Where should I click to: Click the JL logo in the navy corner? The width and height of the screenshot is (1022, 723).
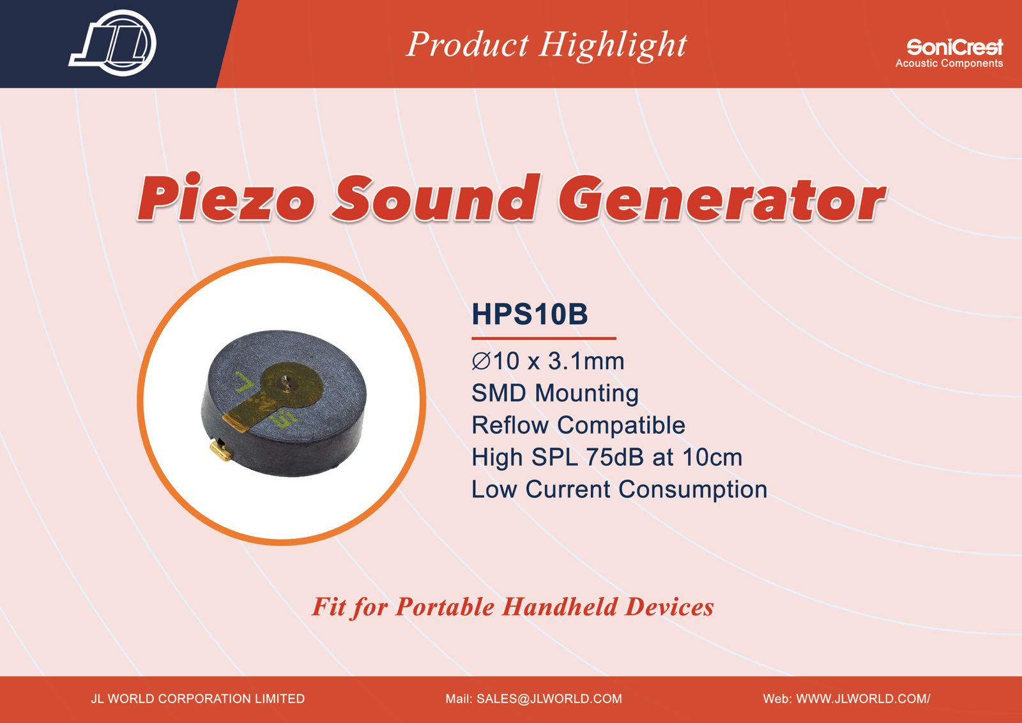pos(112,43)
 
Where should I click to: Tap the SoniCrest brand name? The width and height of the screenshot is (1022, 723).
pos(954,47)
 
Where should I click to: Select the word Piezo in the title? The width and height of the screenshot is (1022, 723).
pos(226,198)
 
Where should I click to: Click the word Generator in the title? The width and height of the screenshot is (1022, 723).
pos(722,198)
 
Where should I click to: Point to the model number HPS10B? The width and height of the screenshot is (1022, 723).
pos(530,314)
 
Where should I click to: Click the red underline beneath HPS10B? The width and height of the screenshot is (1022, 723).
pos(544,338)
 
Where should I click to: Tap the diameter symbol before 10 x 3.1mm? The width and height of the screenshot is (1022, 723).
pos(481,361)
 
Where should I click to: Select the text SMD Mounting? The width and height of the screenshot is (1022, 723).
pos(555,394)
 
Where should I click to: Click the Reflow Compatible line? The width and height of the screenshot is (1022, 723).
pos(578,426)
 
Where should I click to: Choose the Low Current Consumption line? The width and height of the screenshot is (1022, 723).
pos(619,490)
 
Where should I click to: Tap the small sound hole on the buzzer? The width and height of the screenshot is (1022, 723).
pos(285,378)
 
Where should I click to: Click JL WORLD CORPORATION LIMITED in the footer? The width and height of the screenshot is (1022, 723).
pos(197,699)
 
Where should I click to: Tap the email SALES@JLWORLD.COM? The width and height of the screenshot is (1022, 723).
pos(549,699)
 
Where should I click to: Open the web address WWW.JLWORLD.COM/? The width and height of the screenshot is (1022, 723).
pos(863,699)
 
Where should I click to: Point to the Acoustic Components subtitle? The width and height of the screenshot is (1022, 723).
pos(949,63)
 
